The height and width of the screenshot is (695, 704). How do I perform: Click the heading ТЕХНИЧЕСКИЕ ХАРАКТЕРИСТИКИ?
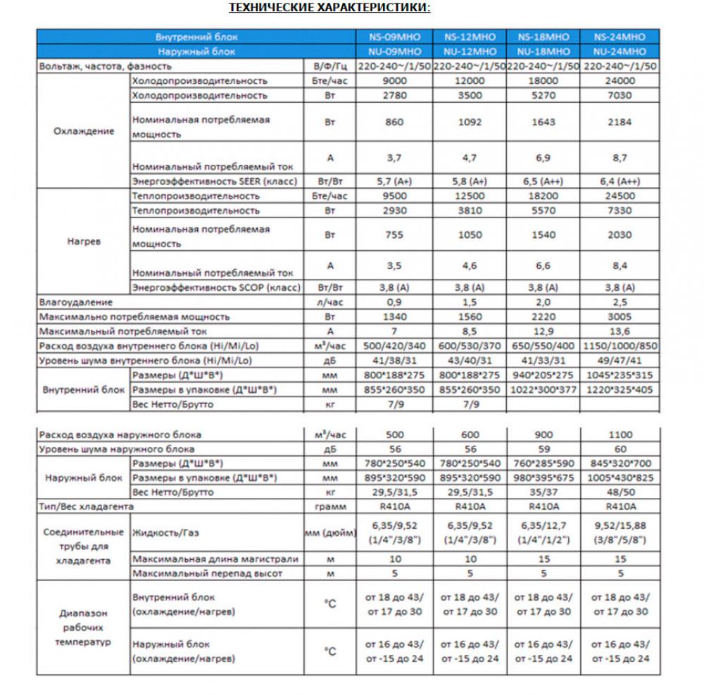[x=329, y=8]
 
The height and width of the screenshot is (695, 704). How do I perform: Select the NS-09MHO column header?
[x=395, y=37]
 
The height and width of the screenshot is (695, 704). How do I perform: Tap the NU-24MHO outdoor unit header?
[x=620, y=51]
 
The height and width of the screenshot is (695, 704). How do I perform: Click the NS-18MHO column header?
[x=543, y=37]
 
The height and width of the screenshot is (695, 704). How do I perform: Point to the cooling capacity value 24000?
[x=620, y=81]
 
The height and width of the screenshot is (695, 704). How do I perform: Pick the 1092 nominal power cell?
[x=470, y=123]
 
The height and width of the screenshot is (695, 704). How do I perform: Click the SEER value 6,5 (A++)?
[x=543, y=181]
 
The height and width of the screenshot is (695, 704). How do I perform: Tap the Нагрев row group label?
[x=84, y=241]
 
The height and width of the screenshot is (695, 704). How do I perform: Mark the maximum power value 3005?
[x=620, y=317]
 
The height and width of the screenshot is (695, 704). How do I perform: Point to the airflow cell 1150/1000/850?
[x=620, y=346]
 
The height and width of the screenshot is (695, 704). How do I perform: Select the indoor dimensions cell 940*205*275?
[x=543, y=375]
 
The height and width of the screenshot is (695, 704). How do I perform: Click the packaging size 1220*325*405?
[x=620, y=390]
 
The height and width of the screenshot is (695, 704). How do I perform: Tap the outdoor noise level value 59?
[x=543, y=449]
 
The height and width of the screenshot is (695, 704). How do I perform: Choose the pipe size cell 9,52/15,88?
[x=620, y=525]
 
